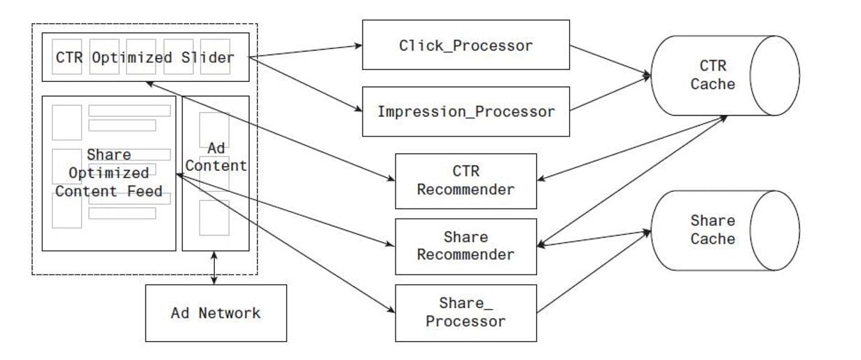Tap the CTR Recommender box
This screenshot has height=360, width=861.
[465, 180]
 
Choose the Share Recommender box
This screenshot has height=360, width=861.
[465, 246]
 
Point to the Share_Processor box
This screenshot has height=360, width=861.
[465, 312]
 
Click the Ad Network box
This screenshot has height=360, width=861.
[216, 312]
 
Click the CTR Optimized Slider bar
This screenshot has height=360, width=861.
[143, 58]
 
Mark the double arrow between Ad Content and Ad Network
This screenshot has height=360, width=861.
[215, 267]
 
